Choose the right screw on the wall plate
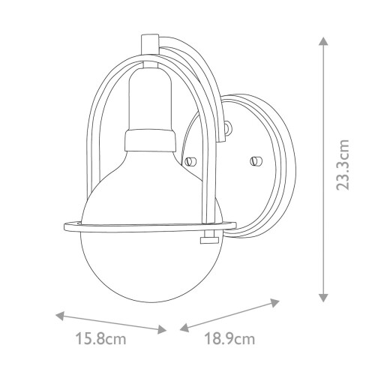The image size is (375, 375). [x=253, y=160]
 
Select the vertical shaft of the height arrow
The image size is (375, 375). [x=323, y=169]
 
